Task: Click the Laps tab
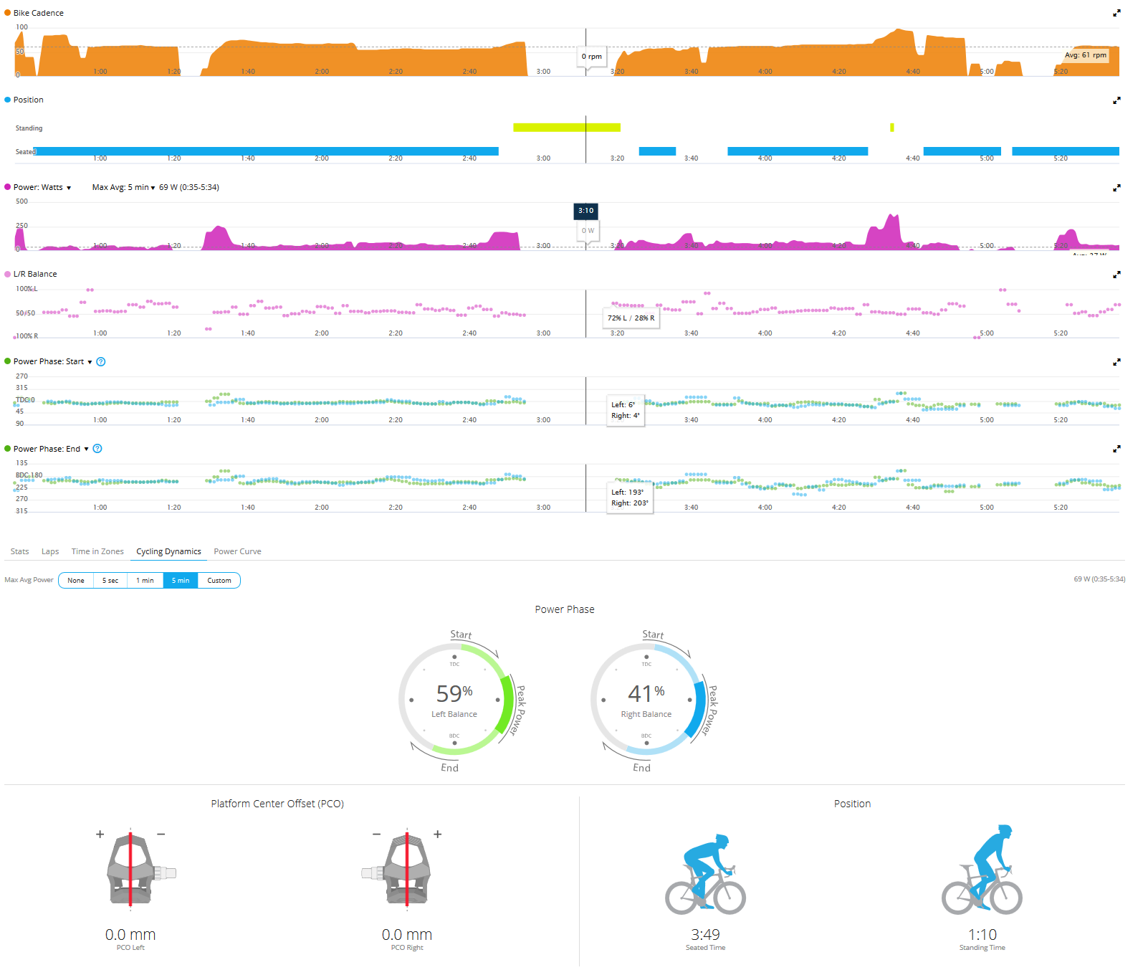coord(50,551)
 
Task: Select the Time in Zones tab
coord(97,551)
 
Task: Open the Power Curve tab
coord(237,551)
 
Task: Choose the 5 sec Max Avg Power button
coord(110,580)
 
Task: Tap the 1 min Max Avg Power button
coord(145,580)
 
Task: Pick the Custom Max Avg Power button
coord(219,580)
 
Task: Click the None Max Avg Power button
coord(76,580)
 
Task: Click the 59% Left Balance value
coord(454,694)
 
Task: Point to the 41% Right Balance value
coord(646,694)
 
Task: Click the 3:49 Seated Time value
coord(705,935)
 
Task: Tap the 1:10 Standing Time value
coord(982,935)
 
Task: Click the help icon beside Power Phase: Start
coord(101,361)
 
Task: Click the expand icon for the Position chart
coord(1116,100)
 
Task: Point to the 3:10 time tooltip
coord(586,211)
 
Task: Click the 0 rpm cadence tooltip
coord(592,57)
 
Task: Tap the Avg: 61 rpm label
coord(1085,55)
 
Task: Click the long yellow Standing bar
coord(566,128)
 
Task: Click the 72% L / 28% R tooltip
coord(631,318)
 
